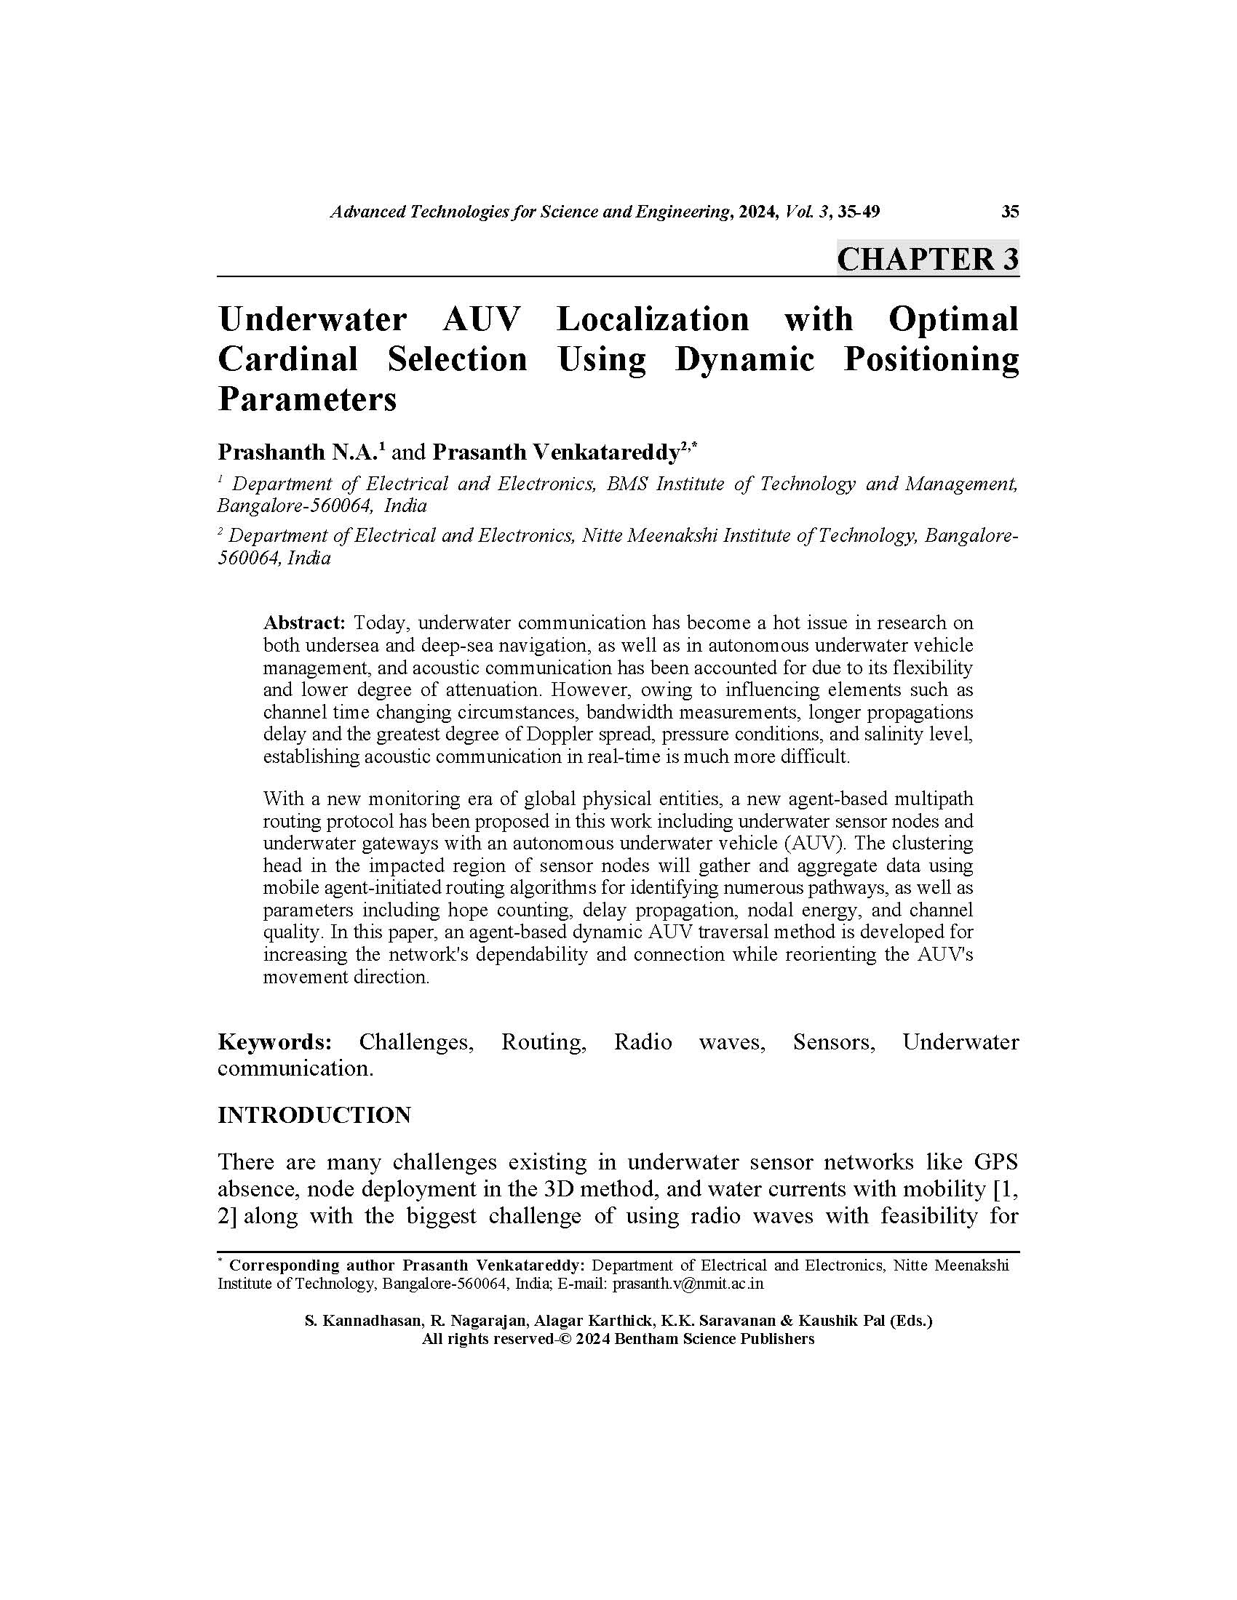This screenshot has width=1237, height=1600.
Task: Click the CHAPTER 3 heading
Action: [x=927, y=260]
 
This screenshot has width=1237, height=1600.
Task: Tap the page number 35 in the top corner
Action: [x=1009, y=212]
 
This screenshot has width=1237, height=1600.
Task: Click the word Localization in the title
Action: [x=652, y=319]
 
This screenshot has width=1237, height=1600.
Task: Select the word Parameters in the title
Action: [x=307, y=399]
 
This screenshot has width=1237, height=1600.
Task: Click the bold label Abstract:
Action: [x=303, y=623]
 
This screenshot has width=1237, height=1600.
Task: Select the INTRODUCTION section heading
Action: [x=314, y=1115]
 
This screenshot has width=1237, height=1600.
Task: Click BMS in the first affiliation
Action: [x=626, y=484]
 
